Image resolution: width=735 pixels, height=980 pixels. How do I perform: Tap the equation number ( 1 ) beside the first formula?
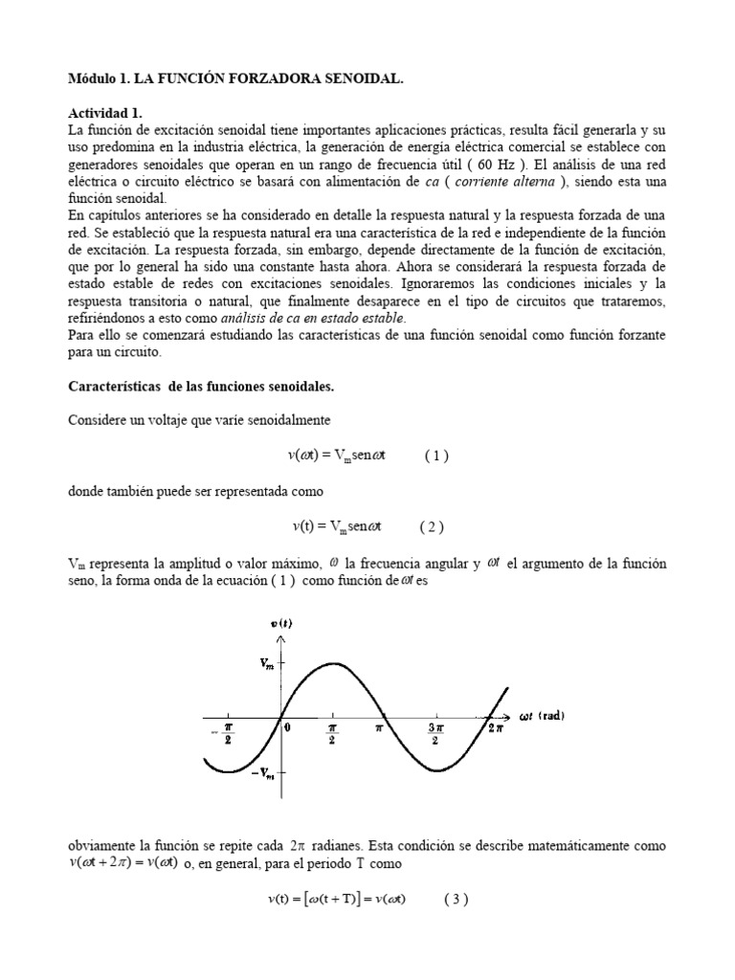436,456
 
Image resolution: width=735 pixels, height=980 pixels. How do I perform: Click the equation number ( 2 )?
432,525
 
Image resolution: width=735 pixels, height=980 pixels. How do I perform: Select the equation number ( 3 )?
456,900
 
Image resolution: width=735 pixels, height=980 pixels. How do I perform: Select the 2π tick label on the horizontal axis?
494,729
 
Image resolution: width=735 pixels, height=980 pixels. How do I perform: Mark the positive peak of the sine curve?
332,662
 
